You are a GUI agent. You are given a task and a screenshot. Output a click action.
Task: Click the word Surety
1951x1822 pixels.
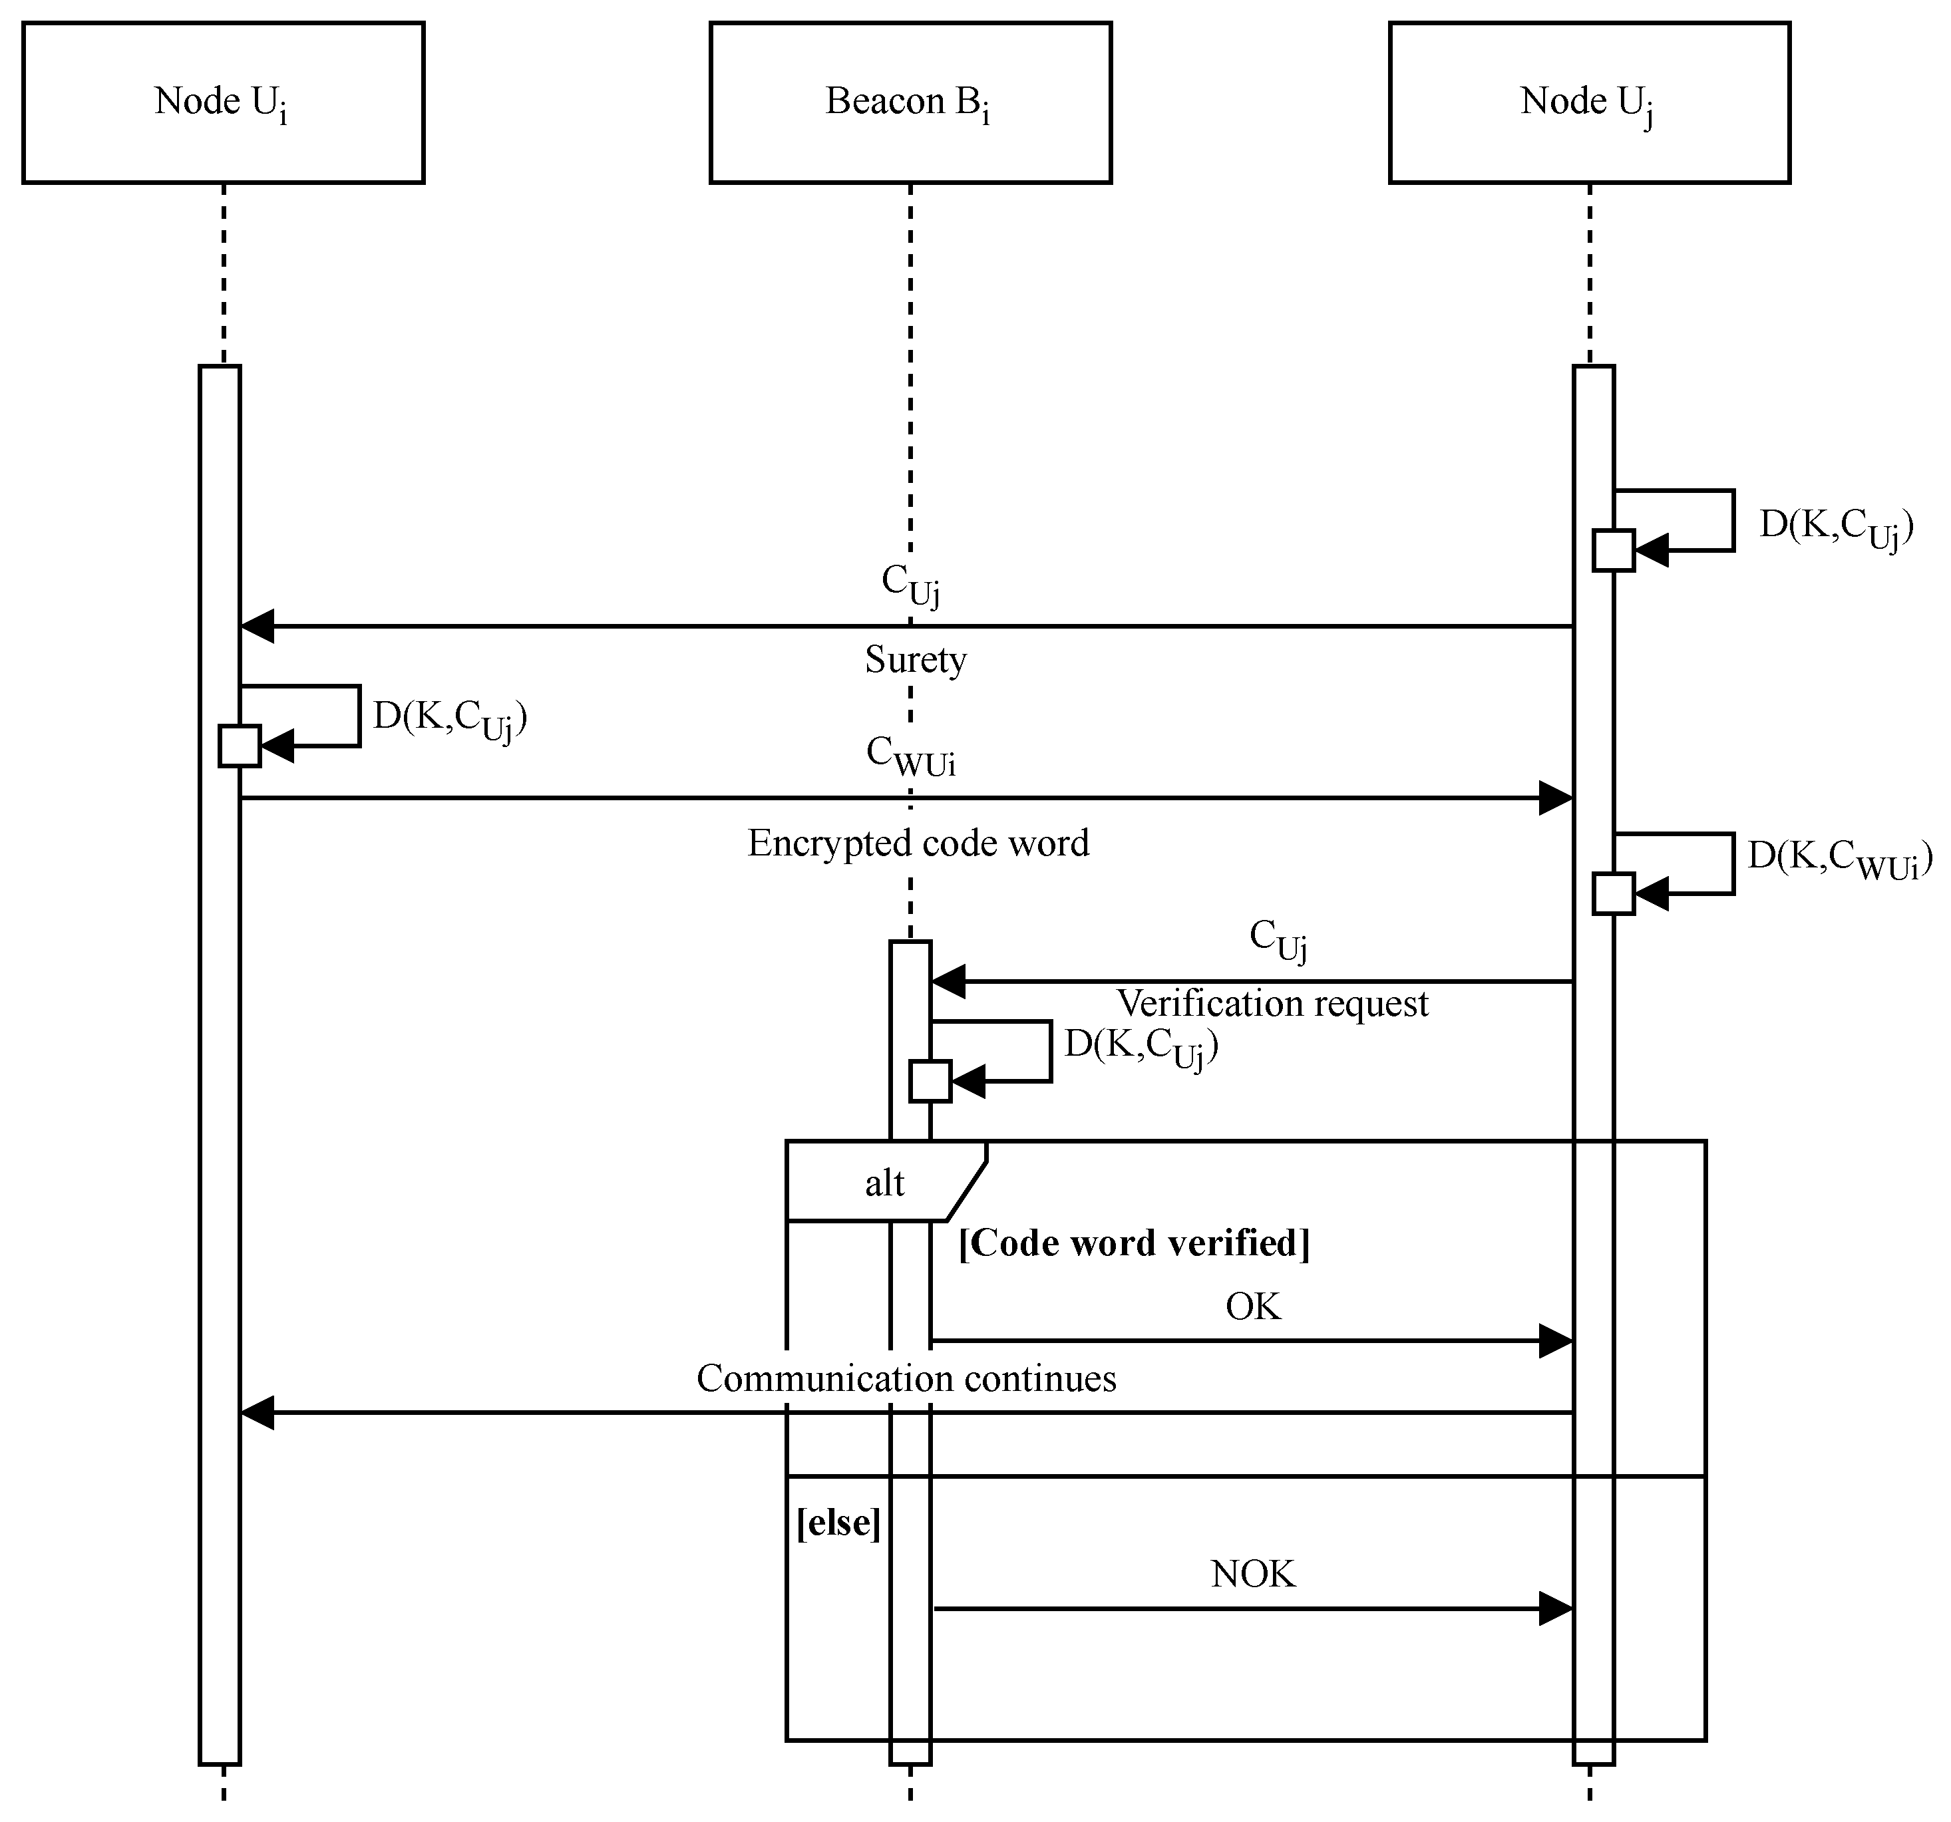click(x=915, y=659)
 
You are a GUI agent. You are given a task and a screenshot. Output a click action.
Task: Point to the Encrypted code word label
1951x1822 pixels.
click(x=918, y=843)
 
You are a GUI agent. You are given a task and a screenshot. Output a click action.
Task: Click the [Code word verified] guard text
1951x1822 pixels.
click(x=1133, y=1243)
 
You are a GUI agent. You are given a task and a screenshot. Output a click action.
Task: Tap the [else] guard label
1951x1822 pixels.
click(x=838, y=1523)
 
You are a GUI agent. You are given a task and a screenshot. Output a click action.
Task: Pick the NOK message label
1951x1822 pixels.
click(x=1253, y=1575)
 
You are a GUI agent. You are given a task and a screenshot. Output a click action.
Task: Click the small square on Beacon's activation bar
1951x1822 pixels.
click(x=930, y=1081)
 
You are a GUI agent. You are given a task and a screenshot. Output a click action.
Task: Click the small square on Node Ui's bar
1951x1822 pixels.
click(x=240, y=746)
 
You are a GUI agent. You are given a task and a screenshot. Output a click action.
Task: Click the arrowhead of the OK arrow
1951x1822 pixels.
click(x=1556, y=1340)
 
